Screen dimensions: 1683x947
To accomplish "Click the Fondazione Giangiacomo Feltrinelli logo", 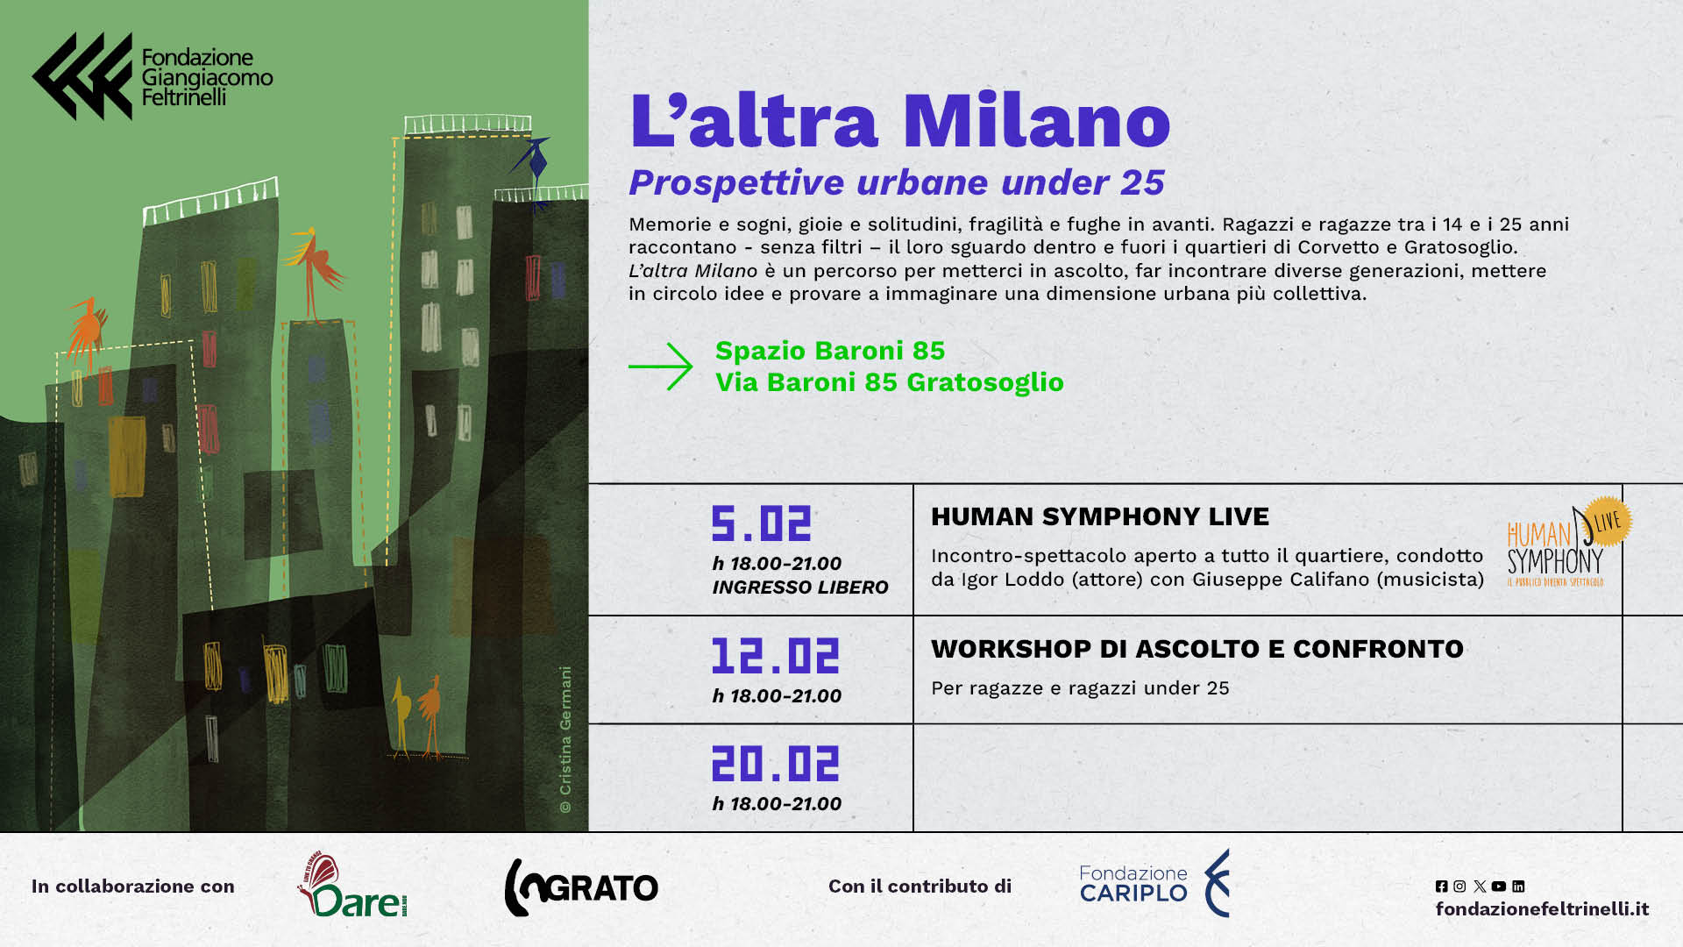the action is tap(153, 76).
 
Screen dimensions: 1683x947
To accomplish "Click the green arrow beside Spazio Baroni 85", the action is tap(661, 367).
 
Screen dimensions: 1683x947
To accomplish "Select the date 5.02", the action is tap(762, 523).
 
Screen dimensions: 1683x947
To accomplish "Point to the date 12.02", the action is tap(776, 656).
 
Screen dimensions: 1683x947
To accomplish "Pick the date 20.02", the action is tap(776, 764).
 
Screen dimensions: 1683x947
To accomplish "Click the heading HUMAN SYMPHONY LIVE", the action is tap(1100, 516).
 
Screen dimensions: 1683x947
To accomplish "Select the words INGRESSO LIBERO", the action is tap(800, 587).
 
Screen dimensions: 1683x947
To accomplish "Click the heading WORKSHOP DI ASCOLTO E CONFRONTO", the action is tap(1197, 649).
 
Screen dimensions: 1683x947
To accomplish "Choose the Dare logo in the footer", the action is tap(352, 885).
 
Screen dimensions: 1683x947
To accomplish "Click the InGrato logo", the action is tap(581, 887).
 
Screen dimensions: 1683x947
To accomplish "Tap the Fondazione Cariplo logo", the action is tap(1154, 883).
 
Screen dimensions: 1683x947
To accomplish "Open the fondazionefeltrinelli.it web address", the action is tap(1542, 909).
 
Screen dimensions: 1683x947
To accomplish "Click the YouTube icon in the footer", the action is tap(1499, 886).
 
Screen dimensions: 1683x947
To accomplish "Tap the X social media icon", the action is tap(1480, 886).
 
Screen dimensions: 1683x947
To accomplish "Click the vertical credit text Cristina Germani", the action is tap(565, 739).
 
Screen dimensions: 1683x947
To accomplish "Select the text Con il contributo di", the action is tap(920, 886).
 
